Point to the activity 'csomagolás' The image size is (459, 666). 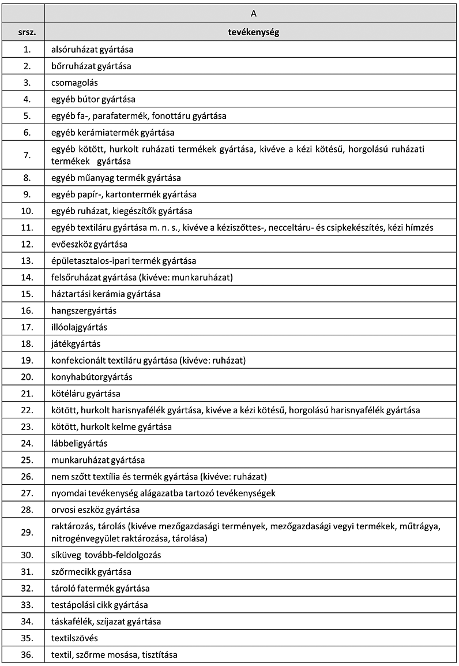click(74, 83)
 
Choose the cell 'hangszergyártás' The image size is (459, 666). click(84, 310)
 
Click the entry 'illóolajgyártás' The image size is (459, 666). click(79, 327)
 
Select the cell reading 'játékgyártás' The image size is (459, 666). click(76, 344)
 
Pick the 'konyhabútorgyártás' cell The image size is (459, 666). click(92, 377)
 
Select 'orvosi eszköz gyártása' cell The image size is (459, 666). click(95, 510)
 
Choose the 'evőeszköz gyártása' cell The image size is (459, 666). click(89, 244)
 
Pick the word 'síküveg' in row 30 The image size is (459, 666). click(66, 555)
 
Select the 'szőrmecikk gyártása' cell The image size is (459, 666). click(91, 572)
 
